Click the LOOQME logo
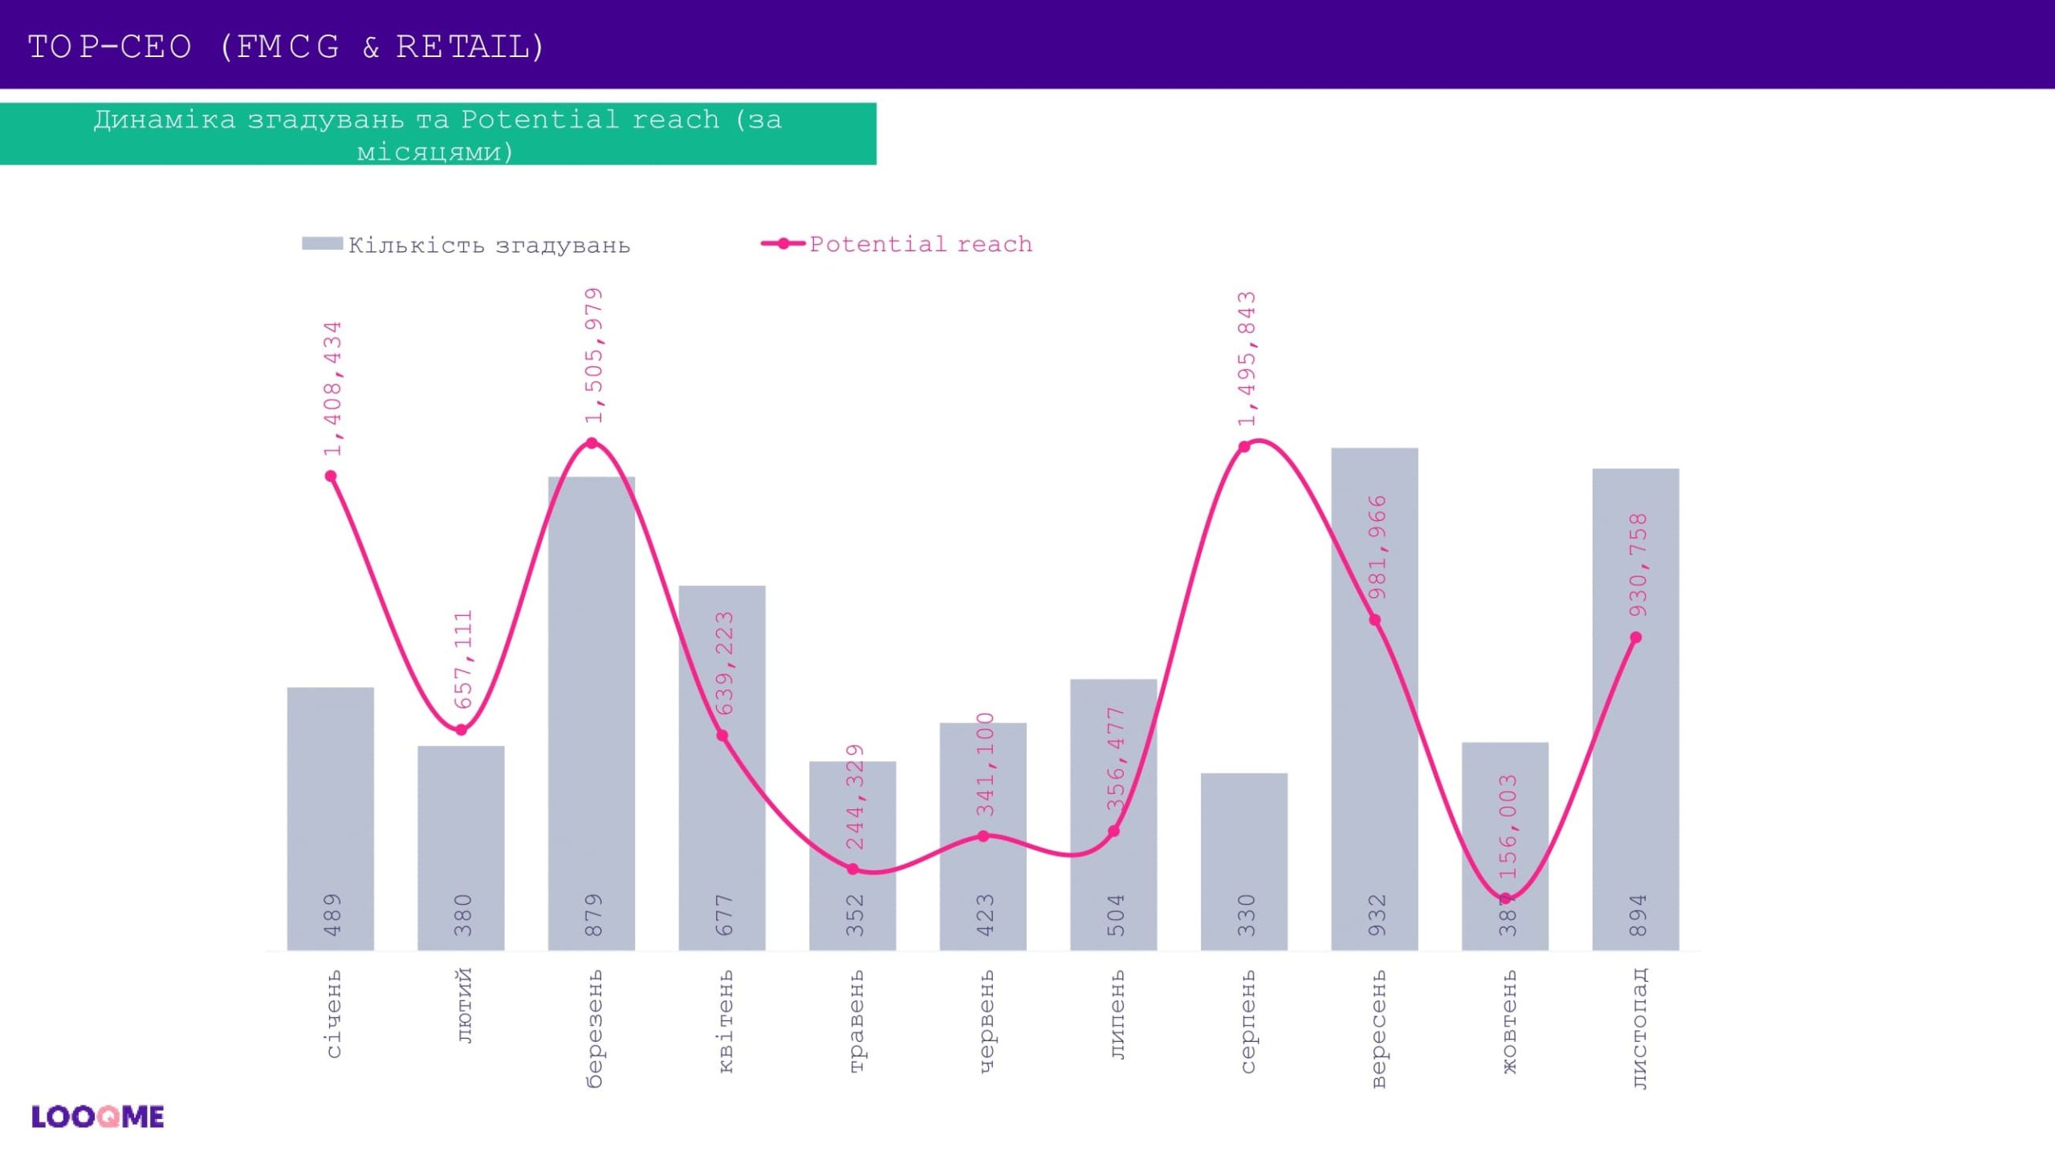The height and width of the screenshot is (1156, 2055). tap(97, 1117)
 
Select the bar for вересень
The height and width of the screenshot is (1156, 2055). tap(1374, 722)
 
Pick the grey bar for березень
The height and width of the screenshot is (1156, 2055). tap(592, 722)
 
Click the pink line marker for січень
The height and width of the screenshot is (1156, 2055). tap(331, 476)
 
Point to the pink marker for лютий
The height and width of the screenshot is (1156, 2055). tap(462, 730)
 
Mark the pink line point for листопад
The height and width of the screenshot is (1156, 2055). tap(1636, 637)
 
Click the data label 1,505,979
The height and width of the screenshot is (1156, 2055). tap(593, 356)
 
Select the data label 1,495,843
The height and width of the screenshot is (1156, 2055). tap(1247, 359)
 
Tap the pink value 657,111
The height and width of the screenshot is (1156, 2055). tap(463, 660)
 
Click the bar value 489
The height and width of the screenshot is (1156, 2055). tap(332, 914)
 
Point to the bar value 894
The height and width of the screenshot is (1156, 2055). tap(1638, 914)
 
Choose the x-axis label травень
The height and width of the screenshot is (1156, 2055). tap(856, 1021)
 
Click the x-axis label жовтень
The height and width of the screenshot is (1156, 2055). tap(1508, 1021)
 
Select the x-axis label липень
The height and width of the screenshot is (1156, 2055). tap(1117, 1015)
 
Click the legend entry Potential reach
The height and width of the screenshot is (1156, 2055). tap(920, 243)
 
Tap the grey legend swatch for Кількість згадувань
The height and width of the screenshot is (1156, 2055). tap(322, 243)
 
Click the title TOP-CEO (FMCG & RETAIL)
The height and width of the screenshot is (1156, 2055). tap(287, 47)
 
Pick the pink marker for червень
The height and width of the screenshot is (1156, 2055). tap(983, 836)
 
